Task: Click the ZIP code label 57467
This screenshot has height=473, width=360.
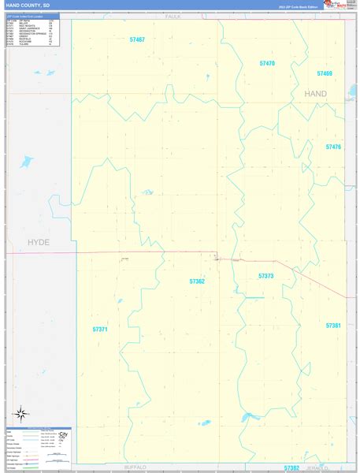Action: [x=138, y=39]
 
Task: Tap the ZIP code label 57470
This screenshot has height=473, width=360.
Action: [x=267, y=63]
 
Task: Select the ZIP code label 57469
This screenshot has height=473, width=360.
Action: [x=325, y=73]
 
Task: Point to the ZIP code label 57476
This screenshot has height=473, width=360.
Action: [x=333, y=147]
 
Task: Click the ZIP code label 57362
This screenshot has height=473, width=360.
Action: [x=197, y=281]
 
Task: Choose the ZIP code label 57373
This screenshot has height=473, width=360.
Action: [x=265, y=276]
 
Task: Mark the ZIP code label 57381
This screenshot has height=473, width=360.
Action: [x=333, y=325]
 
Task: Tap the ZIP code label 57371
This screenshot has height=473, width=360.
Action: [x=100, y=329]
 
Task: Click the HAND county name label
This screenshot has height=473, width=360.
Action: [x=315, y=93]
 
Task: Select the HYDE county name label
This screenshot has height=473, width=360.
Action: [x=38, y=242]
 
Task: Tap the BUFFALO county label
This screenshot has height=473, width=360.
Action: [x=135, y=467]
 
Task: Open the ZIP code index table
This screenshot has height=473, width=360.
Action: [x=32, y=32]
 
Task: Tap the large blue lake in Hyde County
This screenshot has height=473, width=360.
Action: [x=26, y=162]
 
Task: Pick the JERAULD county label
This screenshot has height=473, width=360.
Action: [x=335, y=467]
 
